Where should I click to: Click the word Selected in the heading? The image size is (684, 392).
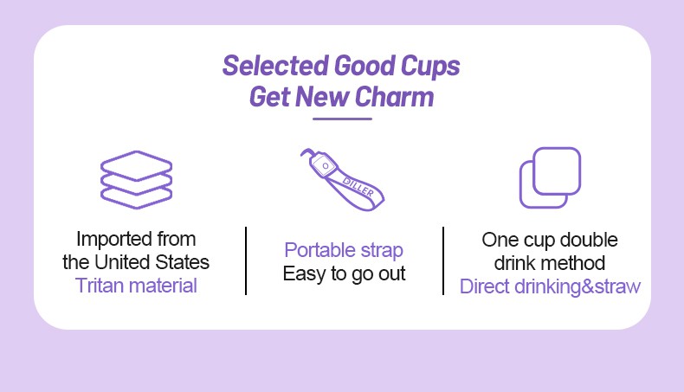point(275,66)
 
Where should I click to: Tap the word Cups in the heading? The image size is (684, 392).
point(430,67)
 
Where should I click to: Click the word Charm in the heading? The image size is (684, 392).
point(394,96)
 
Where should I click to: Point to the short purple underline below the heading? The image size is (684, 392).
point(342,119)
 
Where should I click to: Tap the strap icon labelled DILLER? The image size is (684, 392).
point(343,180)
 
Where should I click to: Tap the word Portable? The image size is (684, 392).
point(319,250)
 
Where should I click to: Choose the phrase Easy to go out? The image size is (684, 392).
point(345,273)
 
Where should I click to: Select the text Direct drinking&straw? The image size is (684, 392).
point(550,287)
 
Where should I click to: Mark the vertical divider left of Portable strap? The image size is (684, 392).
point(246,260)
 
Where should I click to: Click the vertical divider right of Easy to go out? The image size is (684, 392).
point(443,260)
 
